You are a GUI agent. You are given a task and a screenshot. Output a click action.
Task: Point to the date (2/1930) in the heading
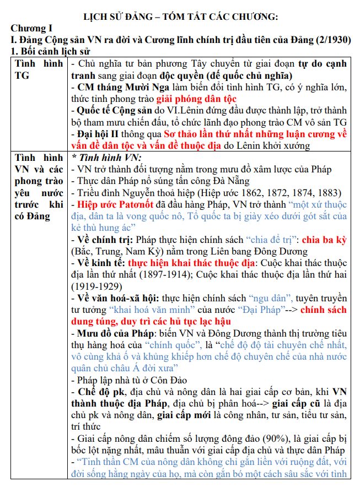tap(337, 40)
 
